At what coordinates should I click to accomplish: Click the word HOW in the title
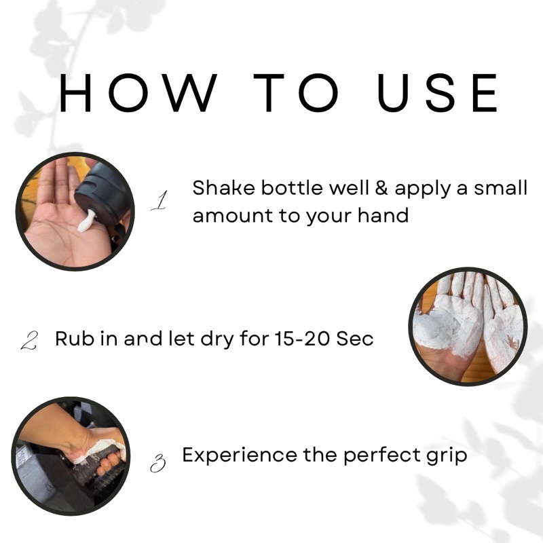pyautogui.click(x=138, y=93)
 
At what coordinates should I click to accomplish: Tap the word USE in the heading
pyautogui.click(x=437, y=93)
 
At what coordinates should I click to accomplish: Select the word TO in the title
pyautogui.click(x=297, y=93)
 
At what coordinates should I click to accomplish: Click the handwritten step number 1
pyautogui.click(x=160, y=200)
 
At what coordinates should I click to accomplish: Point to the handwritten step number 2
pyautogui.click(x=29, y=340)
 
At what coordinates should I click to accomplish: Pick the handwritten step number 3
pyautogui.click(x=158, y=464)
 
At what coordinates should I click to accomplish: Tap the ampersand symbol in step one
pyautogui.click(x=381, y=188)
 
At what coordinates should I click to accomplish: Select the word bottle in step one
pyautogui.click(x=292, y=188)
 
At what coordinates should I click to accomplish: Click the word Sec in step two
pyautogui.click(x=355, y=339)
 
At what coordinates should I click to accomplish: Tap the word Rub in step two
pyautogui.click(x=75, y=339)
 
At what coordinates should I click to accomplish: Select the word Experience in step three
pyautogui.click(x=240, y=456)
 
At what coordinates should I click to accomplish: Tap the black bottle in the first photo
pyautogui.click(x=103, y=198)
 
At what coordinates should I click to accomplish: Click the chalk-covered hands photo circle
pyautogui.click(x=468, y=326)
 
